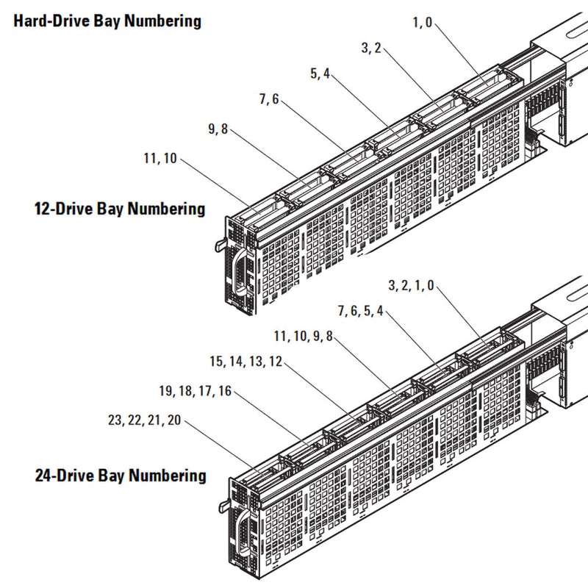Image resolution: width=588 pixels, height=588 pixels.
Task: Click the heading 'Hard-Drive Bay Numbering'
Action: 107,21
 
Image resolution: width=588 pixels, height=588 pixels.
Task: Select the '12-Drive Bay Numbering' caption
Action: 120,209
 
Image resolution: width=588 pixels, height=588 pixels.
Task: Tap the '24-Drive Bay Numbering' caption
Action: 121,476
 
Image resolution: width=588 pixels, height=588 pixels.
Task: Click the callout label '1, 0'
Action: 423,23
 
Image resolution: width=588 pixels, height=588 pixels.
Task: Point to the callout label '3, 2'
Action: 370,49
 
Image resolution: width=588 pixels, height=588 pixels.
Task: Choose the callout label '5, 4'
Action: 320,73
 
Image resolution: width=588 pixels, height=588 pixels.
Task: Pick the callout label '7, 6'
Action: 268,100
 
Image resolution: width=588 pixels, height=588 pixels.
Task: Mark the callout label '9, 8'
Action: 218,129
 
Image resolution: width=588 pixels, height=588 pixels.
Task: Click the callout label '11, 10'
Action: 161,157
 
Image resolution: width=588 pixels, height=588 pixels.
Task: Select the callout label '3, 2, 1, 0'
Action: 411,285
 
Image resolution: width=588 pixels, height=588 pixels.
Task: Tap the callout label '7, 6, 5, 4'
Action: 360,311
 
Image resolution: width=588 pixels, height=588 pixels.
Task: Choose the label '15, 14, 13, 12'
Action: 245,362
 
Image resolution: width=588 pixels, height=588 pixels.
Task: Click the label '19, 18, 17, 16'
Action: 196,392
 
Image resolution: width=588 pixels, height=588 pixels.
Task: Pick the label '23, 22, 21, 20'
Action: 143,421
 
